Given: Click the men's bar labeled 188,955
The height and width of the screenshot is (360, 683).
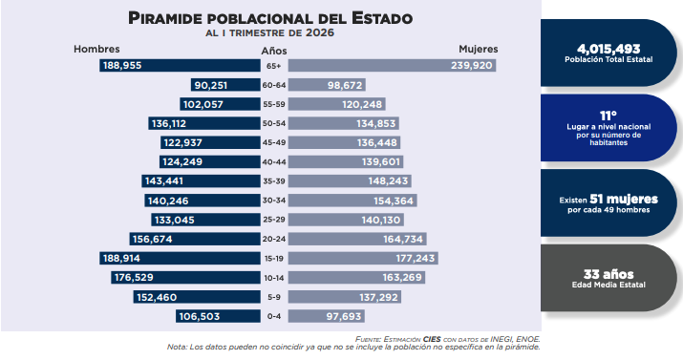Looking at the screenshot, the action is click(x=180, y=66).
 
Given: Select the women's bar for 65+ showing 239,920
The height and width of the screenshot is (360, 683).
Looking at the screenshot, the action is click(x=392, y=66).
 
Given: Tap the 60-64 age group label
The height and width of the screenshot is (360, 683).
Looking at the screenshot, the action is click(x=274, y=85).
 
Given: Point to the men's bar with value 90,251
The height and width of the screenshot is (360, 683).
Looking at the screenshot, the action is click(x=225, y=85).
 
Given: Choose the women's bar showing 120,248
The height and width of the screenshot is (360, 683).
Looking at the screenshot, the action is click(x=336, y=104).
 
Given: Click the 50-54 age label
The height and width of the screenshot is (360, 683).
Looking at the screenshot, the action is click(x=274, y=123).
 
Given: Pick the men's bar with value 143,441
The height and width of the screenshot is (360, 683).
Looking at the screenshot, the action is click(x=201, y=181).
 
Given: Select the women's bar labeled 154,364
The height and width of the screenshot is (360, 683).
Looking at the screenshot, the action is click(x=352, y=201).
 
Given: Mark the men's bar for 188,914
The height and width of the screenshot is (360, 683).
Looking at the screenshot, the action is click(x=180, y=258).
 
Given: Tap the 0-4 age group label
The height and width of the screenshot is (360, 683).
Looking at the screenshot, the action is click(x=274, y=316).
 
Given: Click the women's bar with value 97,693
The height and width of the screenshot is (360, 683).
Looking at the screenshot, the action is click(x=327, y=316).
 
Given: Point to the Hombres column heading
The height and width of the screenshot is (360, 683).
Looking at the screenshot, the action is click(x=96, y=50).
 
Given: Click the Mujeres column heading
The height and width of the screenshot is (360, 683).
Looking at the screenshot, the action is click(x=479, y=50).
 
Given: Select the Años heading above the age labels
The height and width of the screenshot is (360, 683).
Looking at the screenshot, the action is click(x=274, y=51).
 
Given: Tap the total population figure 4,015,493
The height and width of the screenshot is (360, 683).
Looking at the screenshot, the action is click(x=608, y=49).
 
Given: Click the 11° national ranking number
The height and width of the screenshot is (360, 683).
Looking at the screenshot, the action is click(x=608, y=116).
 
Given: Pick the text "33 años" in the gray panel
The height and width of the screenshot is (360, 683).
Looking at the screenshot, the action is click(x=608, y=274).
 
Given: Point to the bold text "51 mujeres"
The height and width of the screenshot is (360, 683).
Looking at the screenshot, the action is click(x=624, y=200).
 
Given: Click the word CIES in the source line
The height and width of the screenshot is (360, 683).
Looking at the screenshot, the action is click(x=432, y=339).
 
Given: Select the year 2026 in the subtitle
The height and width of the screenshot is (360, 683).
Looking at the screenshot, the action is click(x=320, y=32).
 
